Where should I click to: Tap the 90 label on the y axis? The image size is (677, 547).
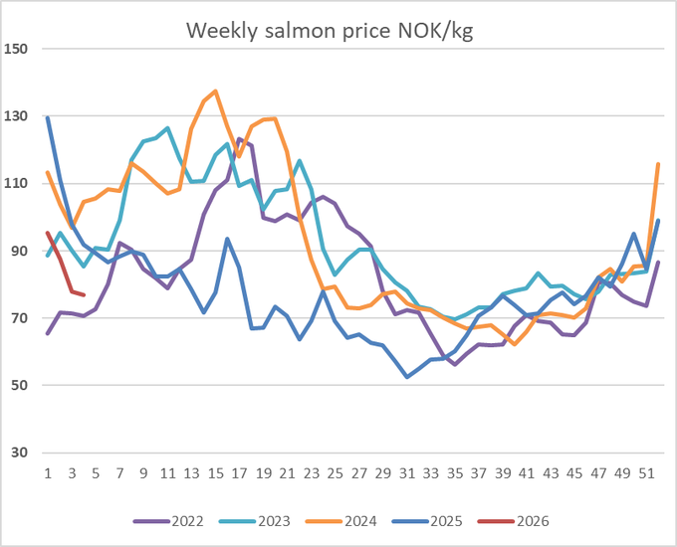20,252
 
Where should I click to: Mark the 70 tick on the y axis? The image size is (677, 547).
20,318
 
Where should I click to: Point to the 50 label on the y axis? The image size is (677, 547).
20,386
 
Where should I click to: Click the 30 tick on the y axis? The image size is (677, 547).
20,454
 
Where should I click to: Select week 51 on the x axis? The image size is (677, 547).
646,473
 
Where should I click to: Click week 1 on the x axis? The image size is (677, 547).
48,473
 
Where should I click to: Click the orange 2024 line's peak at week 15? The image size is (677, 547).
215,91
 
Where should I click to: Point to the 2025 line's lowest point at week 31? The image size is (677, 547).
407,377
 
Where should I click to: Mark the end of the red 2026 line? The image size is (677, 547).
84,295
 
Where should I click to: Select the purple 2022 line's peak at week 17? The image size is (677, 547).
240,139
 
